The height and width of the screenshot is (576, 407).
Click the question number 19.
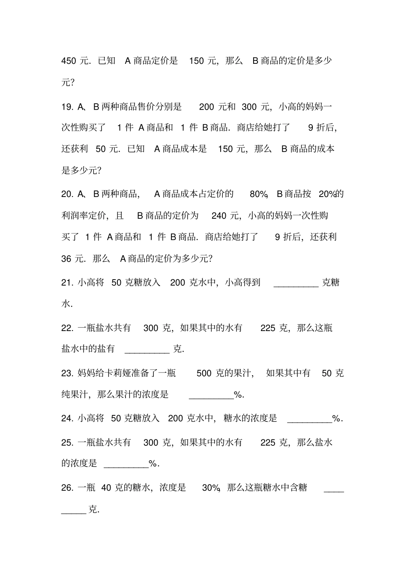pos(67,107)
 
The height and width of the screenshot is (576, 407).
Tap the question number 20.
pos(67,194)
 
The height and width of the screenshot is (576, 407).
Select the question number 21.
pos(67,283)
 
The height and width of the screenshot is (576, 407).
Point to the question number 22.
pos(67,328)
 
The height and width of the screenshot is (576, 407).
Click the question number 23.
pos(67,373)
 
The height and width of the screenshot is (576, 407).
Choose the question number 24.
pos(67,418)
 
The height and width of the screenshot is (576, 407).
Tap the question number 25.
pos(67,442)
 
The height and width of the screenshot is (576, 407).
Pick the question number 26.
pos(67,488)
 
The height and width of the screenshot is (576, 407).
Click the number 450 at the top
pos(69,61)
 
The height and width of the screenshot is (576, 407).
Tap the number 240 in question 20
pos(219,215)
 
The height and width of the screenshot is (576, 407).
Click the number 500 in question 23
pos(204,373)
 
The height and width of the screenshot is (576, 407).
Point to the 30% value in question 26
pos(211,488)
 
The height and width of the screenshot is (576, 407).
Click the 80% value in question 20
pos(258,194)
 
